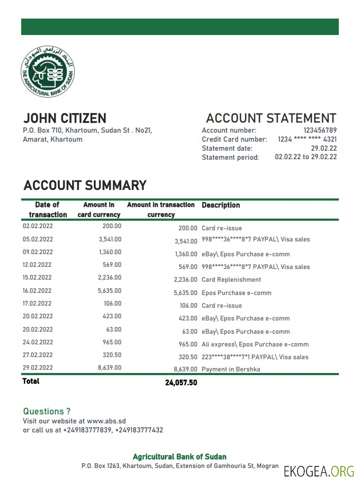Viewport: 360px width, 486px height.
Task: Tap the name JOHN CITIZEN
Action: pos(65,118)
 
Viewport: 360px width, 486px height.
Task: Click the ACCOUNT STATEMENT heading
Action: pos(271,118)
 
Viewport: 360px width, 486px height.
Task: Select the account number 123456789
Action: pos(320,131)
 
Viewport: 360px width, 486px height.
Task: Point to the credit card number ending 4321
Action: pos(307,140)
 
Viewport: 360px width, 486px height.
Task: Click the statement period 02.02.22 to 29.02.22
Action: pos(305,157)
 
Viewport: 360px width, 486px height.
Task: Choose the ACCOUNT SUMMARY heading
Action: pos(85,186)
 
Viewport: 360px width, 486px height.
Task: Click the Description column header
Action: pos(221,205)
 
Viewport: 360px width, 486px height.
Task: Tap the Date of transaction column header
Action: pos(48,210)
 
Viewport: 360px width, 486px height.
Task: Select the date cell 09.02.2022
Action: pos(38,252)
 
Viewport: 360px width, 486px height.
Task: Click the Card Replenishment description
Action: pos(231,280)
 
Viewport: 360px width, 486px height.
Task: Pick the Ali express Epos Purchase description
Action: pos(255,344)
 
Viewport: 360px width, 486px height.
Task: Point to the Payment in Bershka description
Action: pos(231,369)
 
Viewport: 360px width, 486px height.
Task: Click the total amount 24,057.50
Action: pos(181,383)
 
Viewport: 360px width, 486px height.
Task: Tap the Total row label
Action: pos(31,381)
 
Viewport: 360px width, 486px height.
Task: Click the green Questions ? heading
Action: pos(47,411)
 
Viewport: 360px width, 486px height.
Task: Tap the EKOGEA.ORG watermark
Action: pos(319,471)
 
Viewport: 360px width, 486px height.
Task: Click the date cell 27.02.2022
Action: pos(38,355)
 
